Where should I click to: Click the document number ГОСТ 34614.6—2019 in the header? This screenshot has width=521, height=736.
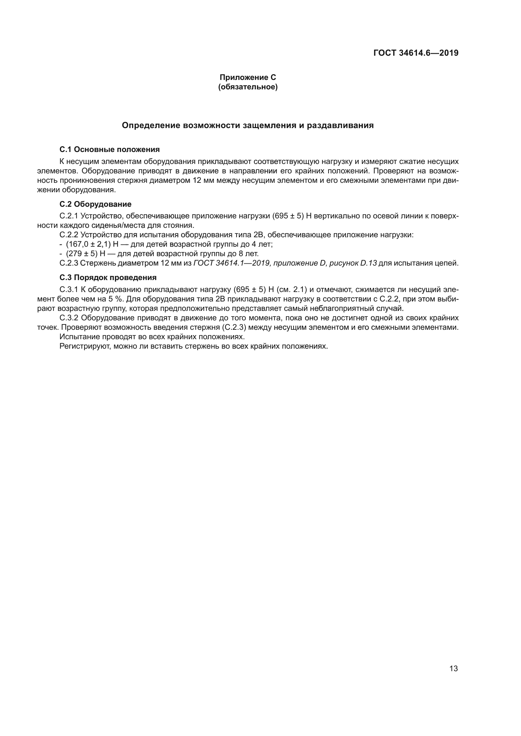(416, 53)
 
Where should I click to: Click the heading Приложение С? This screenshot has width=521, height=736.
(248, 77)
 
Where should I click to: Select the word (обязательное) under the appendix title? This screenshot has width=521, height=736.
(248, 87)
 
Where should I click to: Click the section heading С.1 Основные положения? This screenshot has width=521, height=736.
(109, 149)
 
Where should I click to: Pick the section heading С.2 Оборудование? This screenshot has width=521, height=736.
(95, 204)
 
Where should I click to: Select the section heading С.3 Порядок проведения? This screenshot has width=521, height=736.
(108, 278)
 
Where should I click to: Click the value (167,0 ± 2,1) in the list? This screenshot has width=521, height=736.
(88, 244)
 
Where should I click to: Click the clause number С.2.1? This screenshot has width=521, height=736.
(69, 216)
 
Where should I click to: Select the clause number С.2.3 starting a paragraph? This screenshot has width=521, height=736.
(69, 263)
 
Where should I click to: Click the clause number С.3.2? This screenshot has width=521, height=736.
(69, 318)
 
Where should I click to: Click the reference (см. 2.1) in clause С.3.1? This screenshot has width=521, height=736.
(292, 290)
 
